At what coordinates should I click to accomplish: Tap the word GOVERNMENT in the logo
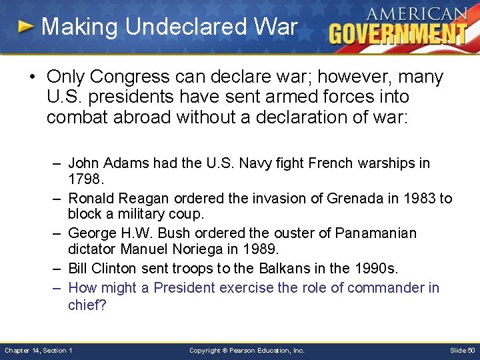click(397, 33)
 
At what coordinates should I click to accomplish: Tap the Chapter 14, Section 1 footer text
click(39, 351)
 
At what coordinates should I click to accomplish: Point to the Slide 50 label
click(461, 351)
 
